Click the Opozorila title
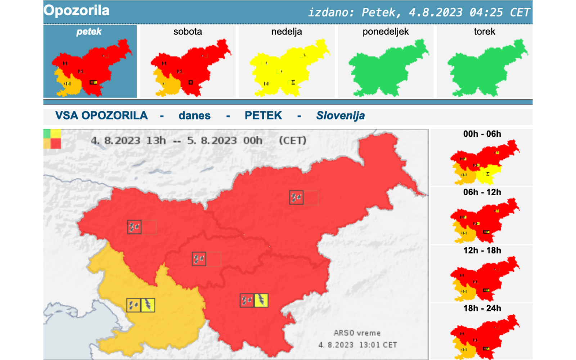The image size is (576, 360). pos(76,10)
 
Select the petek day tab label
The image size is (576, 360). pos(89,32)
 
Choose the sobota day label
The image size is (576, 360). pos(188,32)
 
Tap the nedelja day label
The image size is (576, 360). pos(287,32)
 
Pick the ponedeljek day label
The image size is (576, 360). pos(386,32)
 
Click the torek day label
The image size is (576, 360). pos(485,32)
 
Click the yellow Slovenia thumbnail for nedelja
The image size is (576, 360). pos(288,68)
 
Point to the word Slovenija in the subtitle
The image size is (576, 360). pos(340,116)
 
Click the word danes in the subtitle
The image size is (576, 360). pos(194,116)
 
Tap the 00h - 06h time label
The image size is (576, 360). pos(482,134)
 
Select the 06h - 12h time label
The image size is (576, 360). pos(482,192)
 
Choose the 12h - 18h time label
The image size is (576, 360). pos(482,251)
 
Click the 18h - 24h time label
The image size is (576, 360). pos(482,309)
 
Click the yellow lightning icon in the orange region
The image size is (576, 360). pos(148,305)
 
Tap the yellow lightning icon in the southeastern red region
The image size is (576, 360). pos(261,300)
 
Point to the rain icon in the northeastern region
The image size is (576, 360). pos(296,197)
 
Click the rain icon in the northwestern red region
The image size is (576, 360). pos(134,227)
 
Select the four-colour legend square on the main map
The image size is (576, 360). pos(52,139)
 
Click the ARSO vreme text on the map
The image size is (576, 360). pos(357,333)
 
